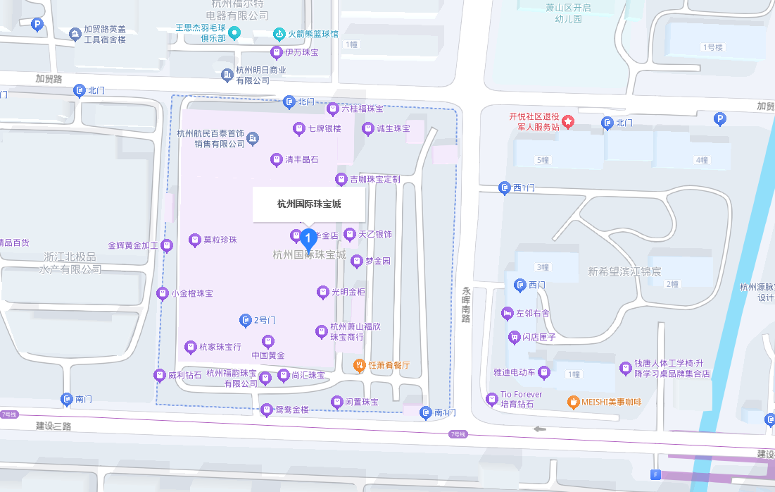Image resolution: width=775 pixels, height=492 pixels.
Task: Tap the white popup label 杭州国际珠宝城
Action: (308, 204)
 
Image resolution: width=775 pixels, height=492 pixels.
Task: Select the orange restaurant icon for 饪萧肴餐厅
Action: (359, 365)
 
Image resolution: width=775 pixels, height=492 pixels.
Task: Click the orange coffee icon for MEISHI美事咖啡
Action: (573, 402)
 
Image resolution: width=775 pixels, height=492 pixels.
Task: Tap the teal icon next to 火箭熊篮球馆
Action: (279, 34)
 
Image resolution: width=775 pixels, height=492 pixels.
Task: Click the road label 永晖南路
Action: (465, 304)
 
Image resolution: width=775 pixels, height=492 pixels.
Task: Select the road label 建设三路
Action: (53, 426)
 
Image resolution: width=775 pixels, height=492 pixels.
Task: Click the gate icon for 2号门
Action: (245, 320)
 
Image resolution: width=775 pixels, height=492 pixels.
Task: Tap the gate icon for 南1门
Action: (425, 412)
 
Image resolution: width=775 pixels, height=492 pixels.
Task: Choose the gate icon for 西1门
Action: (504, 187)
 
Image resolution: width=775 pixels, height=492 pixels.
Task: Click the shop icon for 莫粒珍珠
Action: (195, 240)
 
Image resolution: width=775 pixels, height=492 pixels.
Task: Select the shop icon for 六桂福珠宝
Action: (332, 109)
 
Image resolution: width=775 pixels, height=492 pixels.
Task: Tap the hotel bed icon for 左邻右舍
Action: (508, 313)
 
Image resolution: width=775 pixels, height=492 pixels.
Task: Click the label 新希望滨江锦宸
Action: (624, 271)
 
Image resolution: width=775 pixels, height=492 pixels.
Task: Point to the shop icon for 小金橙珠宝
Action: (163, 293)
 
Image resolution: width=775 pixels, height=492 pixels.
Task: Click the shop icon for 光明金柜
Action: (322, 291)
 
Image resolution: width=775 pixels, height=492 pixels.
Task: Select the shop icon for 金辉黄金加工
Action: (168, 245)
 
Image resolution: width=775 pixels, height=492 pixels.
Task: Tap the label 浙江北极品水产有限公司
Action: (70, 263)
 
